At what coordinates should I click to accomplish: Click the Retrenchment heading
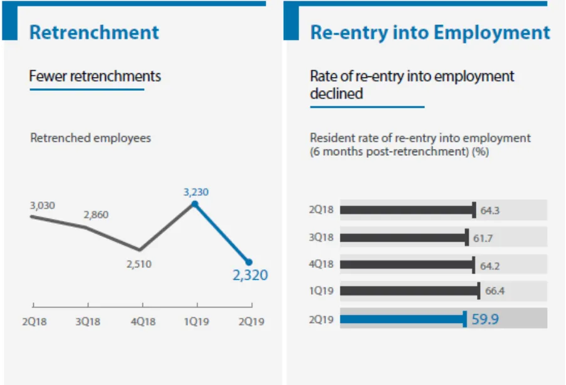click(x=94, y=33)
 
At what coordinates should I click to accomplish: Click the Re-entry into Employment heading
click(x=430, y=33)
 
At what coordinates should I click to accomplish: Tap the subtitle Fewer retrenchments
click(x=95, y=76)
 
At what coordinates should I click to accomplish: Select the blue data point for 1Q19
click(x=195, y=204)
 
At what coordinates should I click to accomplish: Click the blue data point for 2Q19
click(x=249, y=262)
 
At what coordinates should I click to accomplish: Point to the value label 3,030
click(x=42, y=205)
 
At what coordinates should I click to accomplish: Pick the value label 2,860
click(x=96, y=215)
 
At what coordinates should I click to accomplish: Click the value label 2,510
click(x=139, y=264)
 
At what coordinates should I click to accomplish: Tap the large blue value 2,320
click(x=250, y=275)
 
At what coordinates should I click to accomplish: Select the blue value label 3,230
click(x=196, y=192)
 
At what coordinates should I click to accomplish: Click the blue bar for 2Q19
click(x=402, y=319)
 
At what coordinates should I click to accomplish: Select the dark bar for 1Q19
click(x=409, y=290)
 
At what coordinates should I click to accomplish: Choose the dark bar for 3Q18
click(x=404, y=237)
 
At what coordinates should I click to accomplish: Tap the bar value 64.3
click(x=490, y=210)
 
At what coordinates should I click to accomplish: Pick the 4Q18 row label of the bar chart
click(x=322, y=264)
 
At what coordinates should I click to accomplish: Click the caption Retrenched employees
click(x=90, y=138)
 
